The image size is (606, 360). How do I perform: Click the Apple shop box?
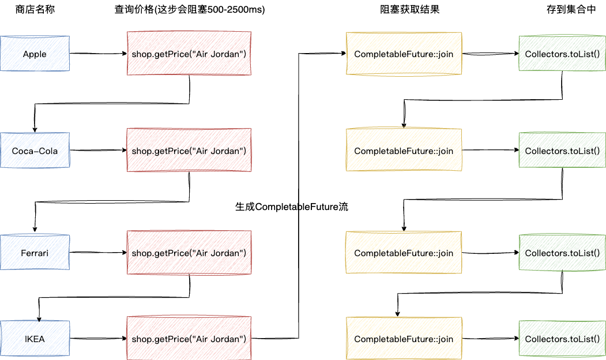pos(35,54)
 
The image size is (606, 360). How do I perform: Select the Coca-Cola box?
pos(35,151)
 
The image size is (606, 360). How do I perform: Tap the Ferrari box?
pos(35,253)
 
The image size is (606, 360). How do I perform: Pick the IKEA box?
pos(35,339)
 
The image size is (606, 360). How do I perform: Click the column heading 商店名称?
pos(35,10)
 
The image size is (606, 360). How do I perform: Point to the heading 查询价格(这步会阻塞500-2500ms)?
pos(190,10)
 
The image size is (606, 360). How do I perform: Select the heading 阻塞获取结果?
pos(403,10)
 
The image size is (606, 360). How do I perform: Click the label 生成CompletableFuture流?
pos(292,207)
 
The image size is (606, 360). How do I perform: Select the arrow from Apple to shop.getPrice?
pos(98,54)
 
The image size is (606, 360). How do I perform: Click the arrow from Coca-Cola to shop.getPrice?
pos(98,151)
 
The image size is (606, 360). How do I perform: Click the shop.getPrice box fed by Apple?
pos(189,54)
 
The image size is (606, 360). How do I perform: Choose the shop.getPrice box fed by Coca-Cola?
pos(189,151)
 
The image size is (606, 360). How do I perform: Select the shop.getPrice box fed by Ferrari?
pos(189,253)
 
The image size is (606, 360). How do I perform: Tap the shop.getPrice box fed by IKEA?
pos(189,339)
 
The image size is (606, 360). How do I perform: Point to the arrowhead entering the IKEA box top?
pos(39,317)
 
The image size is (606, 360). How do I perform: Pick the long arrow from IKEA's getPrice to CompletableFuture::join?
pos(299,196)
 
